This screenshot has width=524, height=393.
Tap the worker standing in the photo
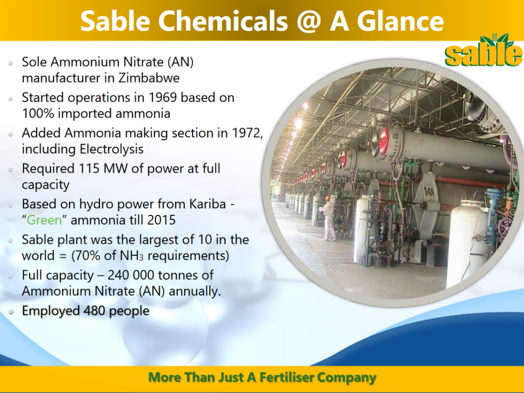tap(329, 219)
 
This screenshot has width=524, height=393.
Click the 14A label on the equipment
tap(429, 193)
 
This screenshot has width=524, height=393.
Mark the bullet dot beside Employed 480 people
tap(11, 311)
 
